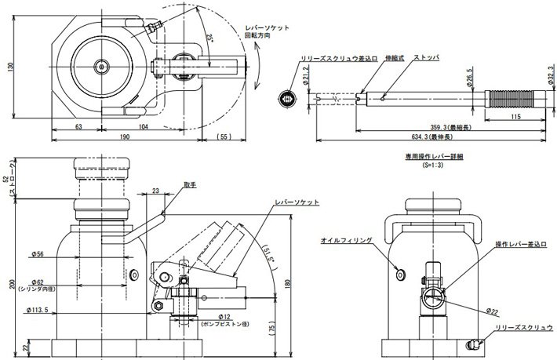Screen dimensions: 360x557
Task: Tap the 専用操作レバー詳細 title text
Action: tap(434, 157)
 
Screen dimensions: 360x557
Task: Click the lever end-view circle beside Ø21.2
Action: tap(287, 100)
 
